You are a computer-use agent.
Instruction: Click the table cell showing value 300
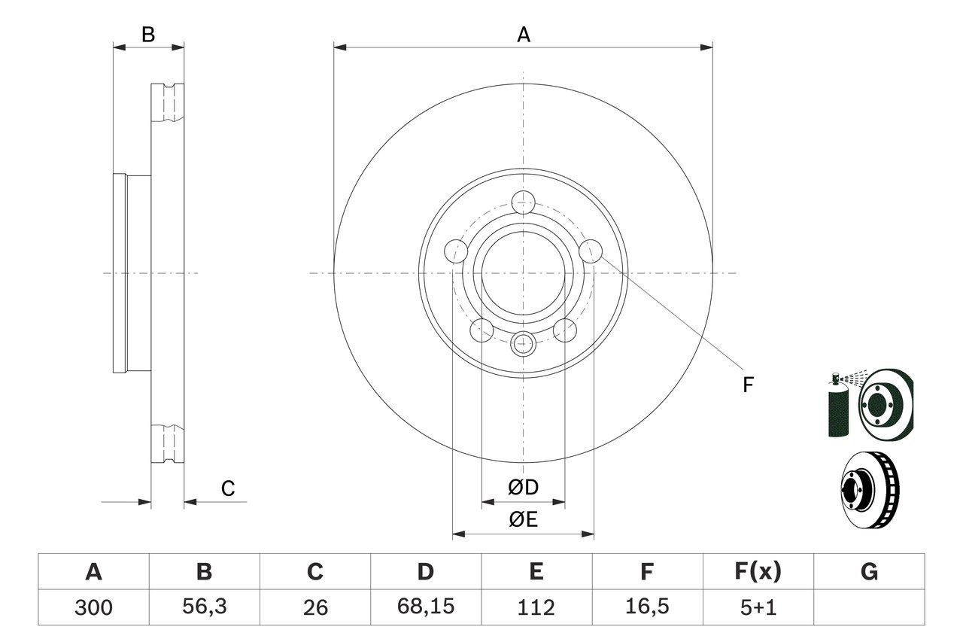point(93,607)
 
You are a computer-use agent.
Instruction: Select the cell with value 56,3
point(204,607)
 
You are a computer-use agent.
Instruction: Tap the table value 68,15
point(425,607)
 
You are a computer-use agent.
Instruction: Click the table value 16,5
point(646,607)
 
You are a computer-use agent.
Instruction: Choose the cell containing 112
point(536,607)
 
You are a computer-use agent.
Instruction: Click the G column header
point(869,572)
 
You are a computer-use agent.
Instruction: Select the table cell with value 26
point(314,607)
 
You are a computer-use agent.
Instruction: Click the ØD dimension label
point(524,487)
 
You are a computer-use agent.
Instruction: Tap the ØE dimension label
point(524,520)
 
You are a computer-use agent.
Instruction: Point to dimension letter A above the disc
point(524,35)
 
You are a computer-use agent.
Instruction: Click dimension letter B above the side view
point(148,35)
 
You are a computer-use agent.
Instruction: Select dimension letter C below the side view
point(228,488)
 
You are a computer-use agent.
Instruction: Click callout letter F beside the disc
point(747,385)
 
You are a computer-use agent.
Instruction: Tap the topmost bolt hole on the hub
point(523,202)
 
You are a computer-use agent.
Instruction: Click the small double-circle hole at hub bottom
point(523,344)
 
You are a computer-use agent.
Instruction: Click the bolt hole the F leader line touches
point(592,250)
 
